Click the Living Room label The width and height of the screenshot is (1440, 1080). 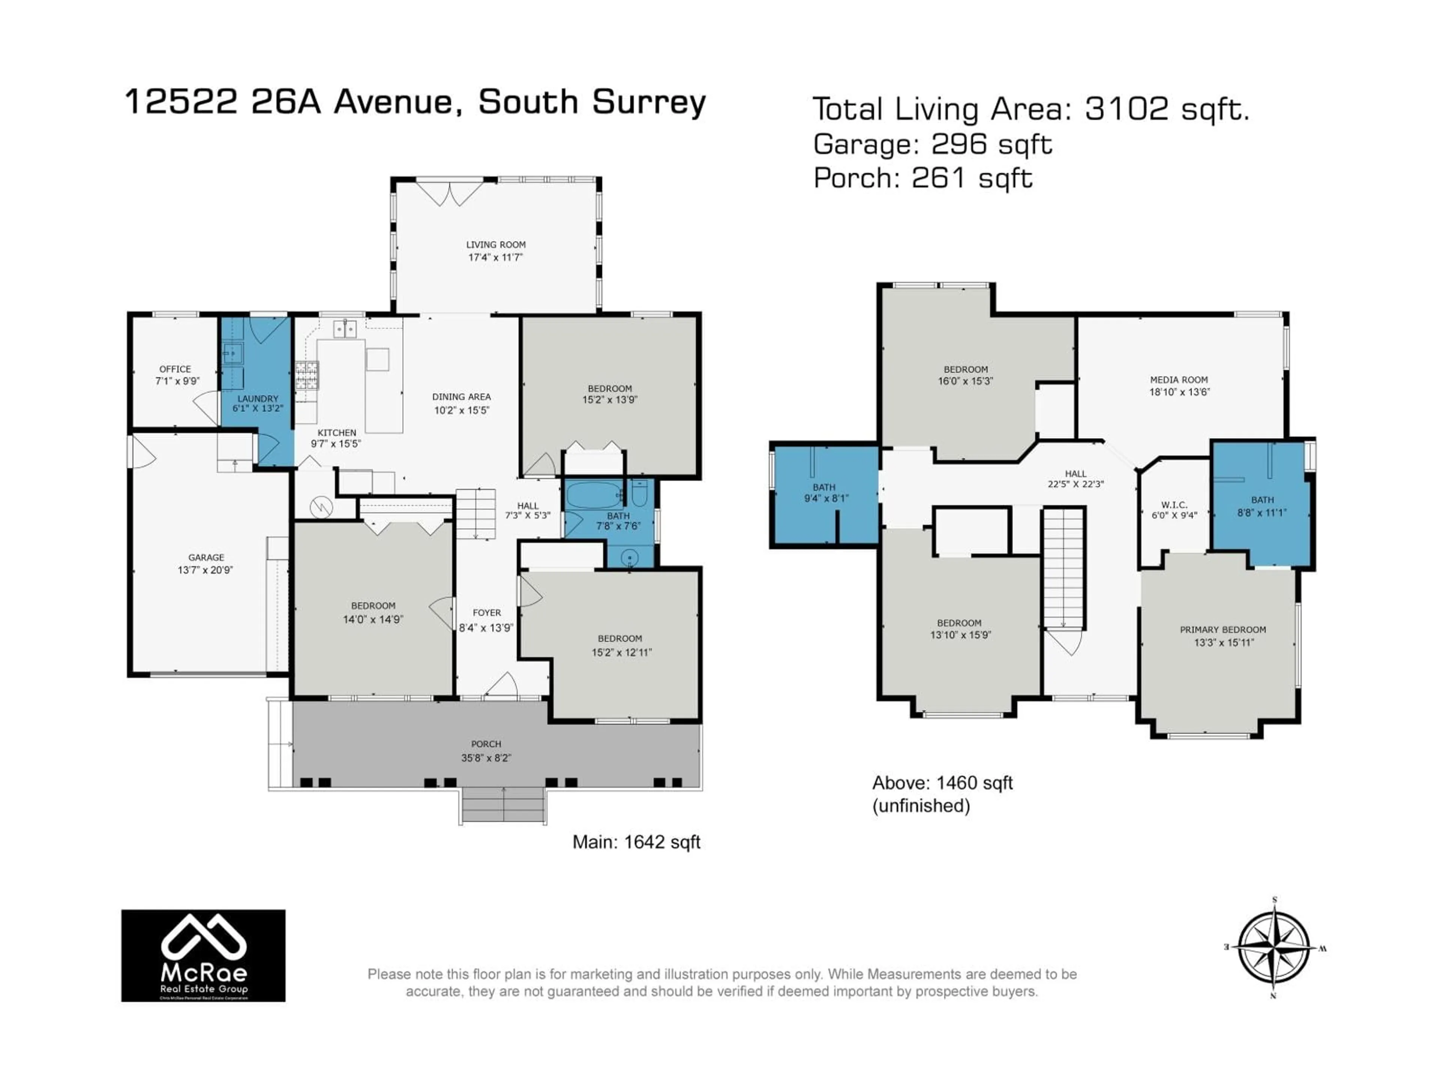(x=495, y=245)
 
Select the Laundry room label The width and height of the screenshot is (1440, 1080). (x=258, y=398)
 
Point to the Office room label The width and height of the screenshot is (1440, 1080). (x=175, y=369)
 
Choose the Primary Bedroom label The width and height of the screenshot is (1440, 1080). (x=1222, y=630)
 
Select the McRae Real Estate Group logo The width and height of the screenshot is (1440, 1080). (x=203, y=955)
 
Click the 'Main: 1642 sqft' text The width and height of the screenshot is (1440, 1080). (x=636, y=842)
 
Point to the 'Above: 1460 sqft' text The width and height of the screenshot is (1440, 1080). (x=942, y=783)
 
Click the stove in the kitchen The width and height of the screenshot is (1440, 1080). (x=307, y=376)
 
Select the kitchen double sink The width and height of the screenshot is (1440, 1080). (x=345, y=329)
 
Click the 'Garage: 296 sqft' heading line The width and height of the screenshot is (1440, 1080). (x=932, y=144)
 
